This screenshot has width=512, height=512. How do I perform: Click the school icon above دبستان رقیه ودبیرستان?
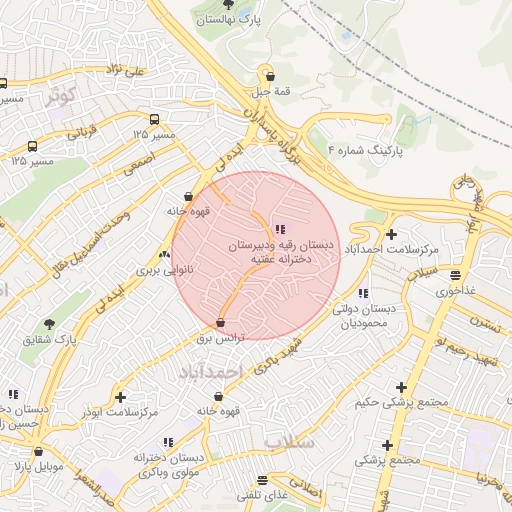pos(279,229)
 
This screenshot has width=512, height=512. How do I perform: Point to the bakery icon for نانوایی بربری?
pos(164,255)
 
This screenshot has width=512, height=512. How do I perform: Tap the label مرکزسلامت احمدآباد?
pos(392,248)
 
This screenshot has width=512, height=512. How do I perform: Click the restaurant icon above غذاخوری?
pos(456,275)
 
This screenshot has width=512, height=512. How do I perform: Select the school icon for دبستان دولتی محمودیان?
pos(363,293)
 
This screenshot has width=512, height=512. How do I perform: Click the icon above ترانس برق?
pos(221,323)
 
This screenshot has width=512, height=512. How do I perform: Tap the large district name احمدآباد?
pos(211,371)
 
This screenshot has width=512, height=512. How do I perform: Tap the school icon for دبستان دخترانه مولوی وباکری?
pos(168,441)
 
